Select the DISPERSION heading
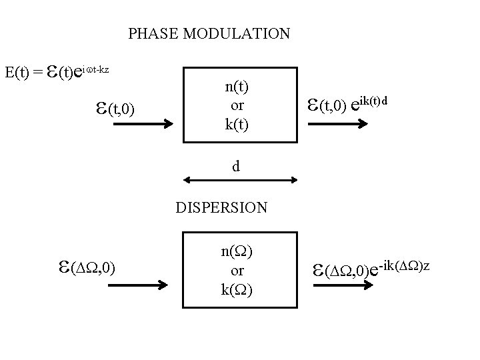pos(221,207)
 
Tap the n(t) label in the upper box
pos(237,87)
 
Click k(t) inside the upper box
pos(237,123)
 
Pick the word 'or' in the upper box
pos(237,105)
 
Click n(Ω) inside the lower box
pos(237,252)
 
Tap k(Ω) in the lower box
pos(237,289)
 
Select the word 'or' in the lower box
pos(237,271)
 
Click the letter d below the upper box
pos(236,167)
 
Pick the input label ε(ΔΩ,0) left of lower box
pos(89,268)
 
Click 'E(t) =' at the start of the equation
pos(24,71)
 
